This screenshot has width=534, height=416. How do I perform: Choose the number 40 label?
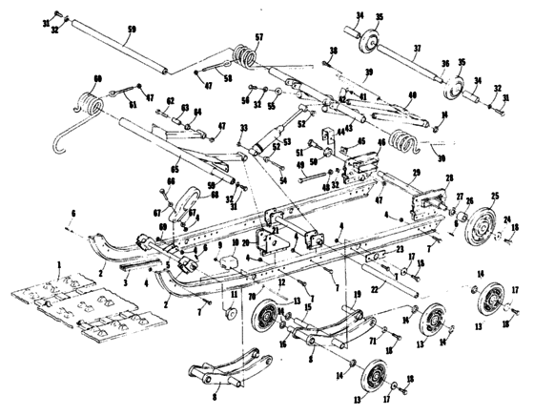click(x=412, y=94)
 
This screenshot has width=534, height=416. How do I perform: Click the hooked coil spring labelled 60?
click(x=91, y=102)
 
